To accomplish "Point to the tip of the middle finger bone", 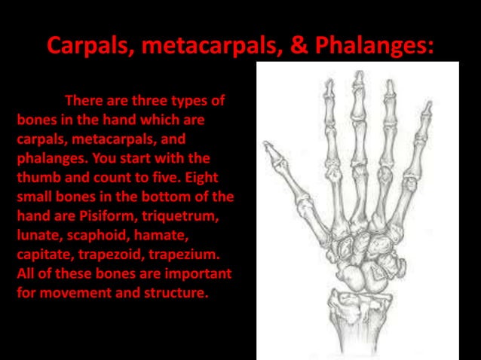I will click(x=360, y=73).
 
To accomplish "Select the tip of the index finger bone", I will click(x=329, y=82).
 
